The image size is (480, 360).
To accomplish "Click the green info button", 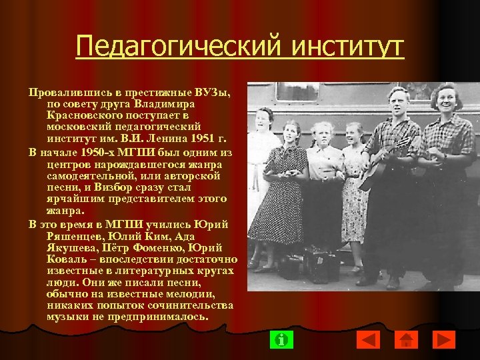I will pos(281,339).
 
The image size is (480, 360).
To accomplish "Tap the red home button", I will pos(405,339).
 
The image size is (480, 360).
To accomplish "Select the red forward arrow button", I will pos(443,339).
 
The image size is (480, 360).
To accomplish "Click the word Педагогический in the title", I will pos(164,47).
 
